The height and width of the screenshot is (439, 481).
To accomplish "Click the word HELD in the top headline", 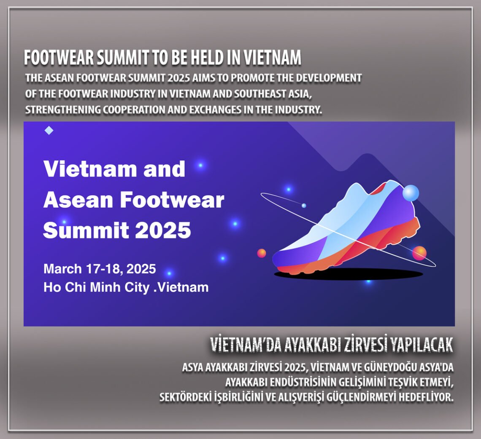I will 218,59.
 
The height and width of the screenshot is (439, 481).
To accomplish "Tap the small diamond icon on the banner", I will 49,131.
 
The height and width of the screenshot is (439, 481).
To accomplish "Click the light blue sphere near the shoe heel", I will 411,193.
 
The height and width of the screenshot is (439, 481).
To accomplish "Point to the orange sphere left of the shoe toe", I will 262,253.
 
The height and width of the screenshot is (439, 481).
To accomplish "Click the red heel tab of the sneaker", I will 382,188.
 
